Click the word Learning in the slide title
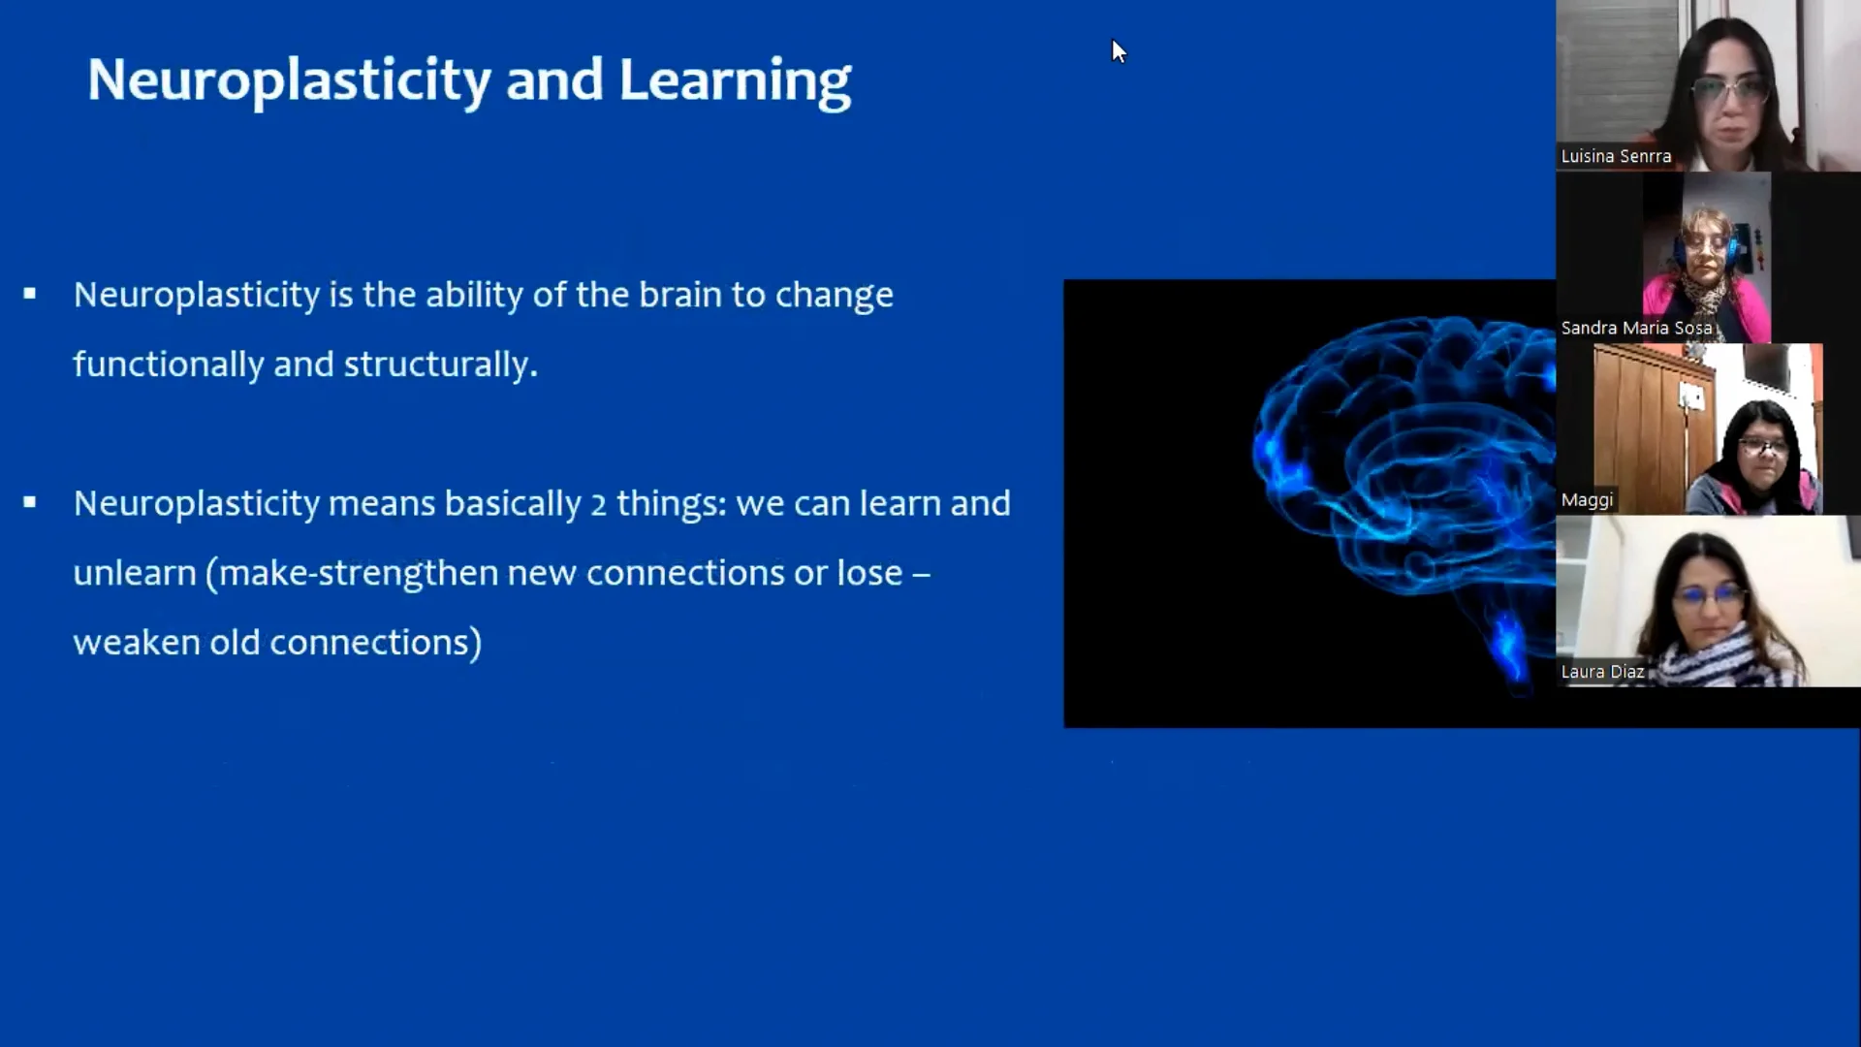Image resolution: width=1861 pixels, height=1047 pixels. point(735,81)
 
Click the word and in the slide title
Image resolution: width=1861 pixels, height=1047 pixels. point(554,79)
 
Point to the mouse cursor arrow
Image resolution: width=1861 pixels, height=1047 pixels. point(1120,51)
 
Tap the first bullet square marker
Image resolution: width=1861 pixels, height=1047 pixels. point(30,293)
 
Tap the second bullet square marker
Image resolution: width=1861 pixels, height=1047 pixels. point(30,502)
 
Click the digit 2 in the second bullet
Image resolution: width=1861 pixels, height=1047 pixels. point(598,504)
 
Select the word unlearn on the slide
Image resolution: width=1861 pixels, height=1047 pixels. point(135,573)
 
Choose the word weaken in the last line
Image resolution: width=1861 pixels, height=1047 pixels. point(137,643)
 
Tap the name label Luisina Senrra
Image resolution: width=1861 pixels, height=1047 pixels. point(1616,156)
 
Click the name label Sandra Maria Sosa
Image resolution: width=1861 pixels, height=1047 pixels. point(1636,328)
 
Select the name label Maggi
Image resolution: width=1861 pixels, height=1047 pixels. point(1587,500)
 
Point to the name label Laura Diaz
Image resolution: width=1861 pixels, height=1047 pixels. point(1602,672)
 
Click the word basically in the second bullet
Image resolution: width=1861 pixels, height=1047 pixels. point(513,505)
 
